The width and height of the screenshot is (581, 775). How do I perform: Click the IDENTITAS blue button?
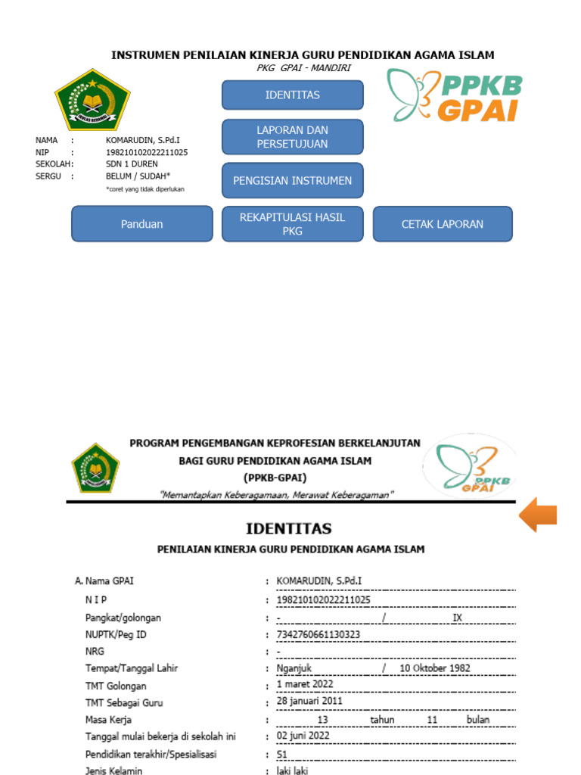tap(292, 95)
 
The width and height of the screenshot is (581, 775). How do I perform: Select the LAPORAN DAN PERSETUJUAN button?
tap(292, 137)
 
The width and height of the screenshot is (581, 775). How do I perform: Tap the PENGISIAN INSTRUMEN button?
tap(292, 181)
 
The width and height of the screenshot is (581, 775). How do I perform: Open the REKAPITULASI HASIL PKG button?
tap(292, 224)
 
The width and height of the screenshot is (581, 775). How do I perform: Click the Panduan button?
tap(142, 224)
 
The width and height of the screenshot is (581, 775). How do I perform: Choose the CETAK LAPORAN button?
tap(443, 224)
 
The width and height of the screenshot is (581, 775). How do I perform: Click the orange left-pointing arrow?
tap(538, 515)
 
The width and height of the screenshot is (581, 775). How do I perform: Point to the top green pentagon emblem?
tap(92, 100)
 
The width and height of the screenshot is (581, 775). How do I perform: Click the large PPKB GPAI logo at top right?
tap(454, 95)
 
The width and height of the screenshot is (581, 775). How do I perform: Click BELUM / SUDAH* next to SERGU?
tap(138, 176)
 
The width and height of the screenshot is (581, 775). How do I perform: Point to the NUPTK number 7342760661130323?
tap(318, 634)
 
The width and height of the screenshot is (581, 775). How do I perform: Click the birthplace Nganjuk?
tap(294, 668)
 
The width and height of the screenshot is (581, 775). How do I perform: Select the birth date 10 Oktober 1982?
tap(435, 668)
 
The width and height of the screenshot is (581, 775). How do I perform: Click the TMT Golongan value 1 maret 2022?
tap(305, 684)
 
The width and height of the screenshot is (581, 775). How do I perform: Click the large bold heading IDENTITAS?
tap(288, 528)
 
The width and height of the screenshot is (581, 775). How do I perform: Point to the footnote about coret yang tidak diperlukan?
tap(145, 189)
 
